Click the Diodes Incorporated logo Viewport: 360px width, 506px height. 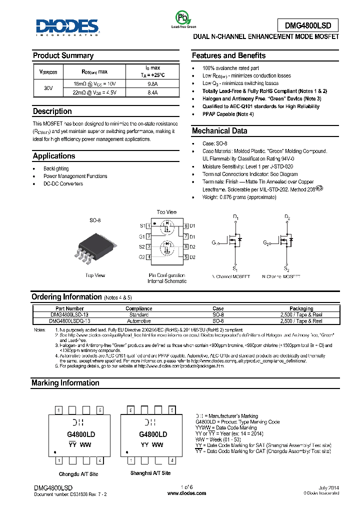(x=68, y=27)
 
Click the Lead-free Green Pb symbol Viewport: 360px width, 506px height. (x=183, y=18)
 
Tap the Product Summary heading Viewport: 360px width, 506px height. (x=63, y=55)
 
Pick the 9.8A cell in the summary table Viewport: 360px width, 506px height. (x=152, y=84)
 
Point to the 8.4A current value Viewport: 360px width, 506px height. (x=152, y=92)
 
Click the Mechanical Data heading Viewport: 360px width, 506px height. (x=219, y=131)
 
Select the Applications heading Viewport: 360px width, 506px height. (x=53, y=156)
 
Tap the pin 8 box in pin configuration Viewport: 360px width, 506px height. (x=185, y=226)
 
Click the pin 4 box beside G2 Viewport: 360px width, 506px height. (x=148, y=257)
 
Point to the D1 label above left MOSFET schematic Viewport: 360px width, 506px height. (x=236, y=217)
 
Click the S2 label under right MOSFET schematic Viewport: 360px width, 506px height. (x=287, y=268)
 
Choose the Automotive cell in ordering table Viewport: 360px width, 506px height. (x=138, y=321)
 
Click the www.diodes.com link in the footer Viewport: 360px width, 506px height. (x=186, y=493)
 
